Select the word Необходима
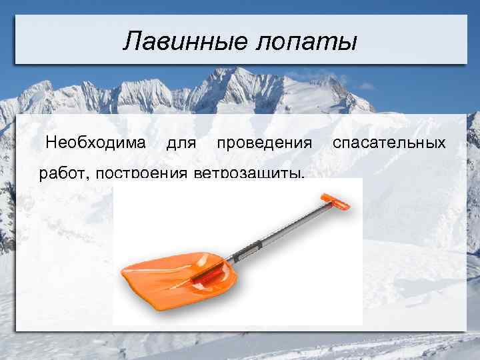[x=96, y=143]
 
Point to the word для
[x=181, y=143]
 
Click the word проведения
[x=264, y=143]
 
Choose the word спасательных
[x=389, y=143]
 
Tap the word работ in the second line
[x=64, y=175]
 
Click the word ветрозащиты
[x=247, y=175]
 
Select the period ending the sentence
[x=303, y=178]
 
